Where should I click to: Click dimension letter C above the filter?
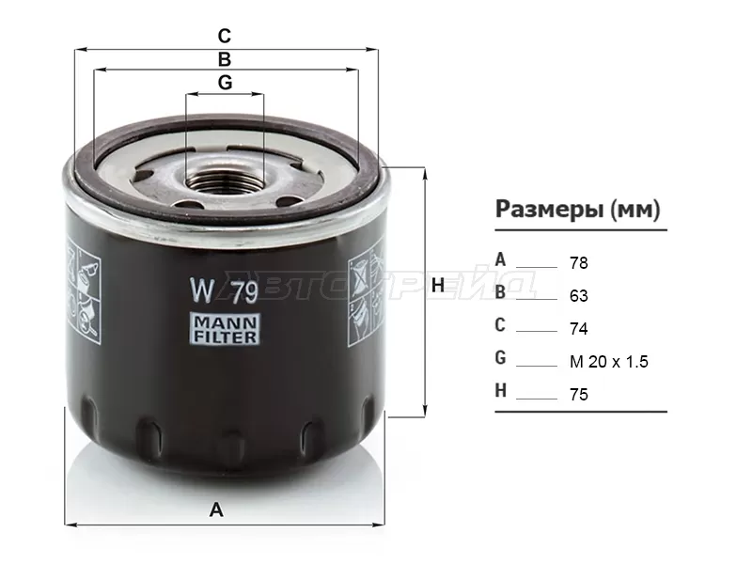coord(225,36)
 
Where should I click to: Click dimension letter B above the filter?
coord(225,59)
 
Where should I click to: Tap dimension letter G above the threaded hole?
coord(225,83)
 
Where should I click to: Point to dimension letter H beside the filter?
coord(438,286)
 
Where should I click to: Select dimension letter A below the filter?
coord(216,509)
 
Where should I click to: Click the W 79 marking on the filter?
coord(225,290)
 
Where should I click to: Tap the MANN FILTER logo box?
coord(225,328)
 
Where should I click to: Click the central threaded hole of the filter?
coord(225,180)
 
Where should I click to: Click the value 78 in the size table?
coord(579,263)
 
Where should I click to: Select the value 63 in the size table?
coord(579,296)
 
